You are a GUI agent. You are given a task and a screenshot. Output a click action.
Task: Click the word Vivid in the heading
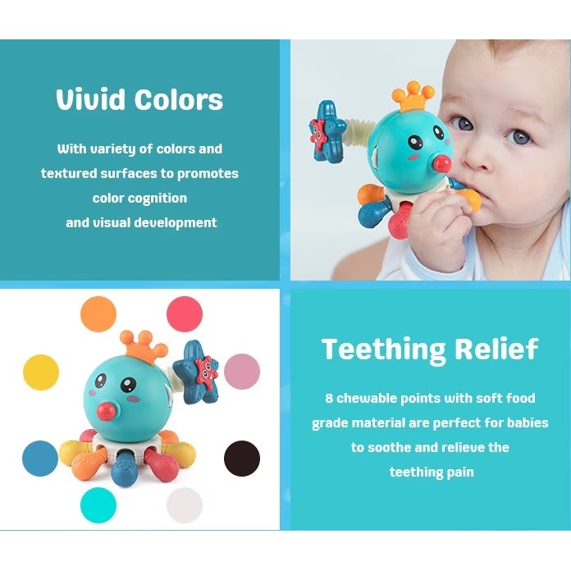point(90,99)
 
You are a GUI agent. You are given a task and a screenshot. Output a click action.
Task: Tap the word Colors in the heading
point(179,100)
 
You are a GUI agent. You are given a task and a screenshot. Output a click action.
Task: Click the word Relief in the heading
point(496,348)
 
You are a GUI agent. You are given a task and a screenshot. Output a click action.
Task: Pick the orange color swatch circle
point(98,314)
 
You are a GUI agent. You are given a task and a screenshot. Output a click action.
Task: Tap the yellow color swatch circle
point(41,372)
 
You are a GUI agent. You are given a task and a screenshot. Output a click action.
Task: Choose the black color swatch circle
point(242,459)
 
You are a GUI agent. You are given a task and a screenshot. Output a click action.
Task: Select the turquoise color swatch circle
point(98,505)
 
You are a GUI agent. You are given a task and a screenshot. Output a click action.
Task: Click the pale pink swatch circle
point(242,372)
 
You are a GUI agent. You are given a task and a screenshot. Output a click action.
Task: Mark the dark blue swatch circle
point(40,459)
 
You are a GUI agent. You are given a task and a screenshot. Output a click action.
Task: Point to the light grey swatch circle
point(185,505)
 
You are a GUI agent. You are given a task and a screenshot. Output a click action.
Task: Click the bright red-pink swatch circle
point(185,314)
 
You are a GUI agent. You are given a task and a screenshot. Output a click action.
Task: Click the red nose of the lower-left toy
point(105,412)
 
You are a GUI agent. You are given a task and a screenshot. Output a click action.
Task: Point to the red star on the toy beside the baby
point(318,135)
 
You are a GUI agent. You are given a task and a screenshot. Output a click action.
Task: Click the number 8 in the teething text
point(329,398)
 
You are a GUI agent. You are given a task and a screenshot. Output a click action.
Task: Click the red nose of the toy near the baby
point(442,164)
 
